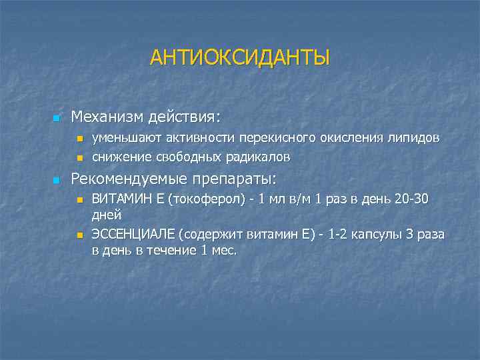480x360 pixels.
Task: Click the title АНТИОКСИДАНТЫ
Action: tap(240, 58)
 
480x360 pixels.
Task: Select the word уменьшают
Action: tap(123, 138)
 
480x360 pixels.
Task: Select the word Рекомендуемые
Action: tap(129, 179)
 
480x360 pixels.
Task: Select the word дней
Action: tap(106, 215)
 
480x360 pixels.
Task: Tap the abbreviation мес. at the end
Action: tap(224, 250)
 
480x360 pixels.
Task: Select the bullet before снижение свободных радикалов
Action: tap(79, 159)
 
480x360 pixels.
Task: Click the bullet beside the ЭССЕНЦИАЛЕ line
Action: tap(79, 235)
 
